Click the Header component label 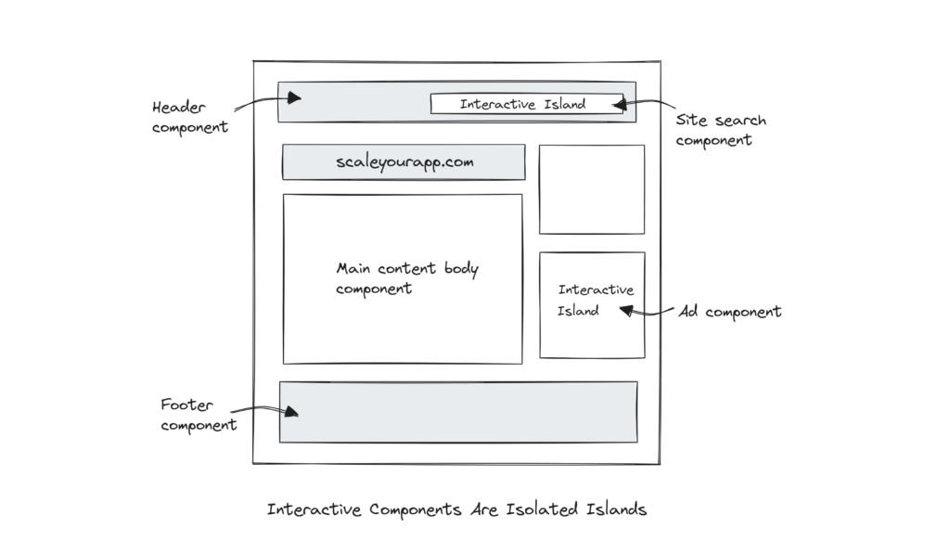189,117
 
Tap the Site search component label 720,130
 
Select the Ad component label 729,312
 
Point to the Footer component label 198,415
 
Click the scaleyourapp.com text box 404,162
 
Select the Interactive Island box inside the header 523,104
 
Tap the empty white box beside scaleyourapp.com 591,189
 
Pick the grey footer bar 458,412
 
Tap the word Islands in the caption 616,509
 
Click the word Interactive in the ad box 596,290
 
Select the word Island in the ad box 577,311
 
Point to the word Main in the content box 353,269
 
